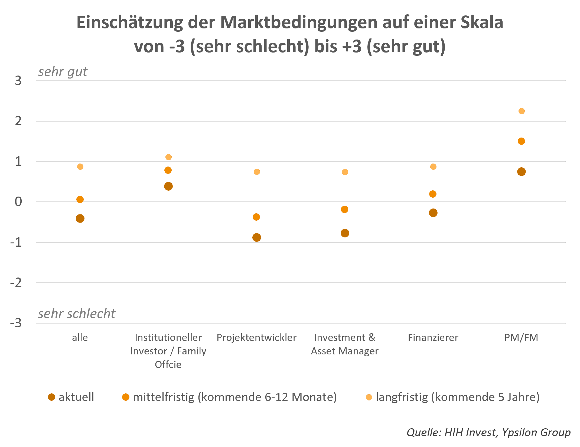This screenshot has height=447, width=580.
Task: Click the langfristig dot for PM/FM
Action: coord(522,111)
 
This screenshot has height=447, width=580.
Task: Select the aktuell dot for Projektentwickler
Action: coord(257,237)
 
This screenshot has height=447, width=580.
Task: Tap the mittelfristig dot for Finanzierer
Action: coord(433,194)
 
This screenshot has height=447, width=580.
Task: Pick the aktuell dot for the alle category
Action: coord(80,218)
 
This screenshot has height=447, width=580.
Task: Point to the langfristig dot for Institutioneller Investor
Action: coord(168,157)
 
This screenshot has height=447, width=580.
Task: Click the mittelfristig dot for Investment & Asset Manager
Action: coord(344,209)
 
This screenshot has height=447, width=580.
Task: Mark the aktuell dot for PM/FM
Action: coord(521,172)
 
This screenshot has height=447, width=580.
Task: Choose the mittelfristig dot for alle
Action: coord(80,200)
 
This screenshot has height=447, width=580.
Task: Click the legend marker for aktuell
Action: coord(51,397)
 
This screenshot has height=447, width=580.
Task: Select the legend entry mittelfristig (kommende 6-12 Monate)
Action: coord(235,397)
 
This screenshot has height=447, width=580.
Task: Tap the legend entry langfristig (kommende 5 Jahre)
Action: coord(458,397)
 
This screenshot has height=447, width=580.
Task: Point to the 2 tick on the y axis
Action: coord(18,121)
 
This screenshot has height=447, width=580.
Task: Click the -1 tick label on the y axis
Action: coord(16,242)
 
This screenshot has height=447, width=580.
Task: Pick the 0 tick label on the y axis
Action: coord(18,202)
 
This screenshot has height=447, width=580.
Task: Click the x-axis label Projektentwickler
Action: coord(257,338)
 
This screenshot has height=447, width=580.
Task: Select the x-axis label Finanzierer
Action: coord(433,338)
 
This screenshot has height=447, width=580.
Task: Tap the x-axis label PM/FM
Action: coord(521,338)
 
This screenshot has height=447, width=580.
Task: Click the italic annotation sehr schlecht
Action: coord(77,314)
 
